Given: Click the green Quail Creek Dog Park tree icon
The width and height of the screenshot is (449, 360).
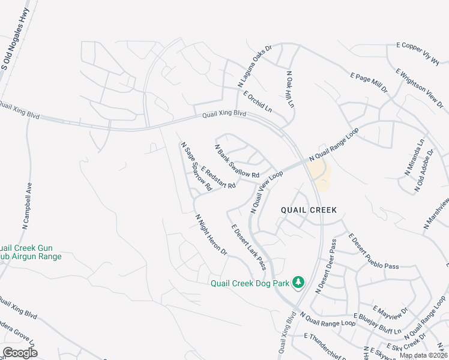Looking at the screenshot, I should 298,282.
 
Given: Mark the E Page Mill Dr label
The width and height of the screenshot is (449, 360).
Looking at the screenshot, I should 369,82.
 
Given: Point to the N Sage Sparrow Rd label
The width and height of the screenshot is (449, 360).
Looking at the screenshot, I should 196,166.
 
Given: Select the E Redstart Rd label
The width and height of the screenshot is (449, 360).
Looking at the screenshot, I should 218,177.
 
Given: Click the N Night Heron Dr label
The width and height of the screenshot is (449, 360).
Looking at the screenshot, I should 211,235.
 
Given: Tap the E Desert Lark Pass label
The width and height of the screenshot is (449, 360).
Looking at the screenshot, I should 249,247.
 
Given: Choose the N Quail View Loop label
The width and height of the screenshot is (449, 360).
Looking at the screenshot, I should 266,191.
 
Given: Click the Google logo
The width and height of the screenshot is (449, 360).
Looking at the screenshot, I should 20,353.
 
